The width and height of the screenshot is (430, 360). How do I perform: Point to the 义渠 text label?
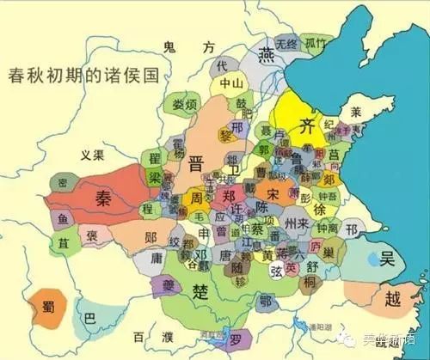[x=91, y=156]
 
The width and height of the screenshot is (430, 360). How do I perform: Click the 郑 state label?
[x=228, y=195]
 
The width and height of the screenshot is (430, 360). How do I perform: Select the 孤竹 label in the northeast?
[x=316, y=43]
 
